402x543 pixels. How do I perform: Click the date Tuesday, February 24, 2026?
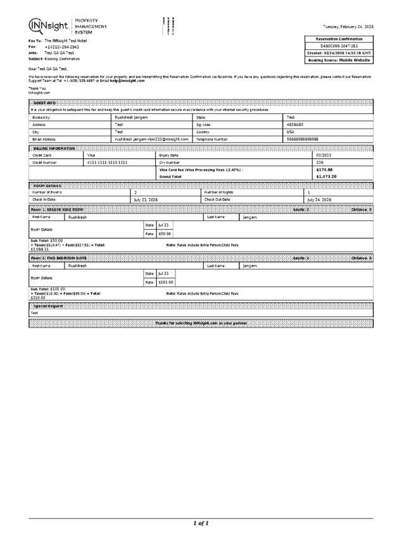click(348, 27)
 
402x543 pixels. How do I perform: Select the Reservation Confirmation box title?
click(339, 39)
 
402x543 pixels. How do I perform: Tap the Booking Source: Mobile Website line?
click(339, 60)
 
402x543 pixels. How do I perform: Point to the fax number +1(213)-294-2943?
click(61, 47)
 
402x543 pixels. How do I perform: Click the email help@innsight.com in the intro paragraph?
click(127, 81)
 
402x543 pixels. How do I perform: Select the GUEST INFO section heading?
click(44, 103)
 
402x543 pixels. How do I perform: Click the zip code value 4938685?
click(296, 124)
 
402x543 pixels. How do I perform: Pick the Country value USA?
click(291, 131)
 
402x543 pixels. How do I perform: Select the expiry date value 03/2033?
click(323, 155)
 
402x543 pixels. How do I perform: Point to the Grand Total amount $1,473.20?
click(326, 176)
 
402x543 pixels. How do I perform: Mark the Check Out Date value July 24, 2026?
click(319, 199)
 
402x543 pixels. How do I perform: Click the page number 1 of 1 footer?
click(201, 523)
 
